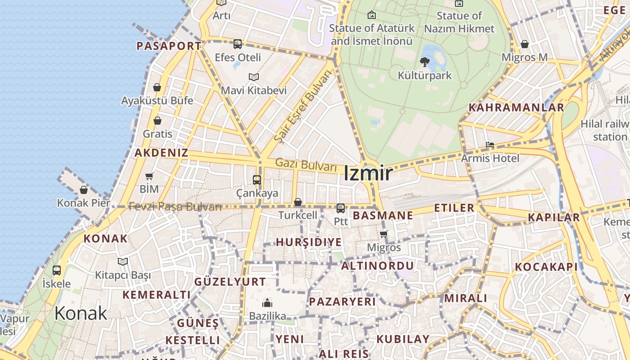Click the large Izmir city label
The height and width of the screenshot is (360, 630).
[368, 174]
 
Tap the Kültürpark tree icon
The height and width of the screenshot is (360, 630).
[424, 62]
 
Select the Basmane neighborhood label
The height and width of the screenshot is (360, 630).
[382, 216]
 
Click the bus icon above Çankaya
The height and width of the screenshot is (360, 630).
[257, 180]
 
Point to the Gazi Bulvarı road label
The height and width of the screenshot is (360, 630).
[306, 165]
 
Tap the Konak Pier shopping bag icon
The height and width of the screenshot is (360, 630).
[84, 190]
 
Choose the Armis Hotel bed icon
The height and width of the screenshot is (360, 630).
[490, 145]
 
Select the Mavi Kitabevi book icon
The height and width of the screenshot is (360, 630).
[254, 77]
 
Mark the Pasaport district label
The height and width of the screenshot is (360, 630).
[169, 46]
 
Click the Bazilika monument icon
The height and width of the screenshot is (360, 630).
[267, 302]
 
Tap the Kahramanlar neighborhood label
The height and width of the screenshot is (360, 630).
[516, 108]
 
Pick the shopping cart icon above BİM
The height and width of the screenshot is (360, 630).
[149, 176]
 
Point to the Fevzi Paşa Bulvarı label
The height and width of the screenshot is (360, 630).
[175, 207]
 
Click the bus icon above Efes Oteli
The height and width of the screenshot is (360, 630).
[238, 44]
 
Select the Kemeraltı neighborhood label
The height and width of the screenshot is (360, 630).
[157, 295]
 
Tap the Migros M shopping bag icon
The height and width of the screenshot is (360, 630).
[525, 44]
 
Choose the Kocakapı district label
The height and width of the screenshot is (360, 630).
[546, 267]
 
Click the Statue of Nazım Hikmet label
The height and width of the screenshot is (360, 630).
[459, 22]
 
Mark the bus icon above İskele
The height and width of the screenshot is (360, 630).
[57, 270]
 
